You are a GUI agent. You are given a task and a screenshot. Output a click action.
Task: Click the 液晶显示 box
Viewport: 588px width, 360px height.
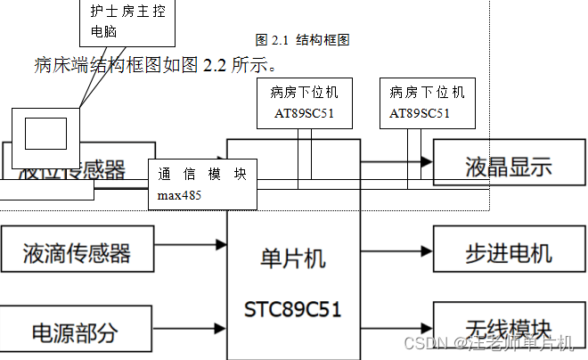508,166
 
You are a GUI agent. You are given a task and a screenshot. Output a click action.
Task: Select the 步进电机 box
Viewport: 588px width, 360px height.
508,253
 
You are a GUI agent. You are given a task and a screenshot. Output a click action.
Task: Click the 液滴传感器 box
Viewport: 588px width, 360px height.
77,253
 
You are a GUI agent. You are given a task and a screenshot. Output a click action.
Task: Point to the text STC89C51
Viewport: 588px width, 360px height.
293,309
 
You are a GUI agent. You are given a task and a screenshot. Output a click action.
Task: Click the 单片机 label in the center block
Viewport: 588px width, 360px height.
293,258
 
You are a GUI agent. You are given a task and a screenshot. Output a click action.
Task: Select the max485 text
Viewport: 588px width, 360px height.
179,194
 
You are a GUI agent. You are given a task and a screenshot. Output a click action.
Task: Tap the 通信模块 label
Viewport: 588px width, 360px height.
202,175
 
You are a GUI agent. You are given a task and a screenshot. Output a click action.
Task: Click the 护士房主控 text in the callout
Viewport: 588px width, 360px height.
127,12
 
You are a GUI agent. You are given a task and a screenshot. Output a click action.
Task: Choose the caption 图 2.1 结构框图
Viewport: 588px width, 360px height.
302,39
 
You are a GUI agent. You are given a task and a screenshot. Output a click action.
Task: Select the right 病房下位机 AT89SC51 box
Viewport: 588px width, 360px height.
427,102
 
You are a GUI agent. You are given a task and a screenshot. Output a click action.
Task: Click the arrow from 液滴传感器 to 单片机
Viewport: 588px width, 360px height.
191,242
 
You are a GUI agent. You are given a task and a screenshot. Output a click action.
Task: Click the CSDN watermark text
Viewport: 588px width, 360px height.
488,343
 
